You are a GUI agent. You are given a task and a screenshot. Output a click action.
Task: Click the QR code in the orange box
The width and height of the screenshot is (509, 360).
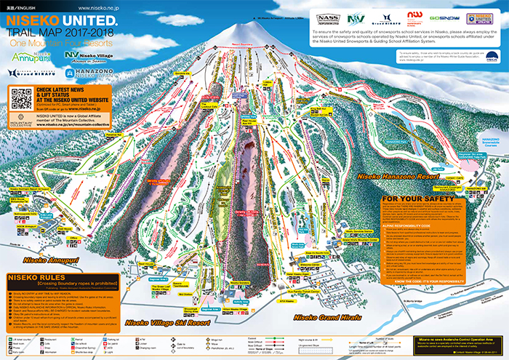pos(21,98)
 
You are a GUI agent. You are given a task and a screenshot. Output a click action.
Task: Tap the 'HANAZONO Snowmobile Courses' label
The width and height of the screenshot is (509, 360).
pos(486,142)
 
